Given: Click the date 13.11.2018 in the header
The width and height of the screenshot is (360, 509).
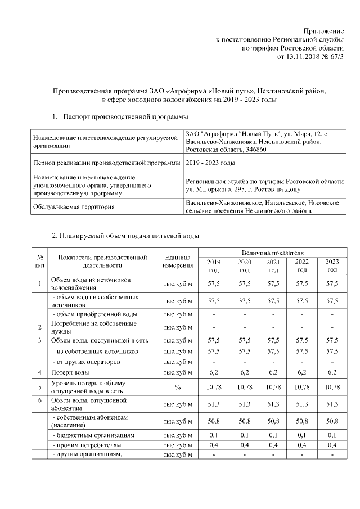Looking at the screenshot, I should (x=304, y=57).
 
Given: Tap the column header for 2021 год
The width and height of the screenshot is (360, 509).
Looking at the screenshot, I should (x=273, y=265).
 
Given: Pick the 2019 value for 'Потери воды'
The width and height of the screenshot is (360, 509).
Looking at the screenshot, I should (x=214, y=372).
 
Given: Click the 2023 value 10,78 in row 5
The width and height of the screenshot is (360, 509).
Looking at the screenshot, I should (x=332, y=388).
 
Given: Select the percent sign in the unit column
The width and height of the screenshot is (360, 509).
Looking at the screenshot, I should (x=178, y=388).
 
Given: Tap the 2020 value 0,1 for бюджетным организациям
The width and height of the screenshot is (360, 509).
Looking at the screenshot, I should (x=244, y=435).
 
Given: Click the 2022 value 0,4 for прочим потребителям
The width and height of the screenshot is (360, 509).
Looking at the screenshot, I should (x=302, y=445).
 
